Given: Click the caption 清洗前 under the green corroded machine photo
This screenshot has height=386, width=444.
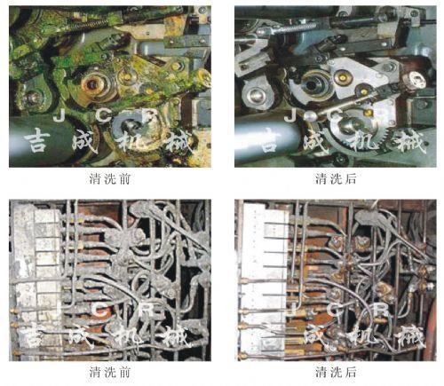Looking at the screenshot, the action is pos(109,179).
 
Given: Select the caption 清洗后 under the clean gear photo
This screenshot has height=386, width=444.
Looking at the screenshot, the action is pos(336,179).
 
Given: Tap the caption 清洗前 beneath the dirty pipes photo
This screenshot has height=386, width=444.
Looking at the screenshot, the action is pos(109,372).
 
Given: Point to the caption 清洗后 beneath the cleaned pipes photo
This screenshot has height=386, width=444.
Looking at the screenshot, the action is pos(336,372).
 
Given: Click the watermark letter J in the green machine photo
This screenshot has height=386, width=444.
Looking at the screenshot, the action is pos(59,115).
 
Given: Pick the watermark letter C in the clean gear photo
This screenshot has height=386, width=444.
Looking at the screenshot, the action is pos(335,115).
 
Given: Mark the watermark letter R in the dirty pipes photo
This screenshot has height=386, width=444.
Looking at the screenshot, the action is pos(148,310).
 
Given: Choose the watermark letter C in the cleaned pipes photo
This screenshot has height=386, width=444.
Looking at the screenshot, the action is pos(335,310).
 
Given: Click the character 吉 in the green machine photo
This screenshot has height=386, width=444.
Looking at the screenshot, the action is pos(36,140).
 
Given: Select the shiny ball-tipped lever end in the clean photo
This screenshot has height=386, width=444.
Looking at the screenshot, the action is pos(309,115).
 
